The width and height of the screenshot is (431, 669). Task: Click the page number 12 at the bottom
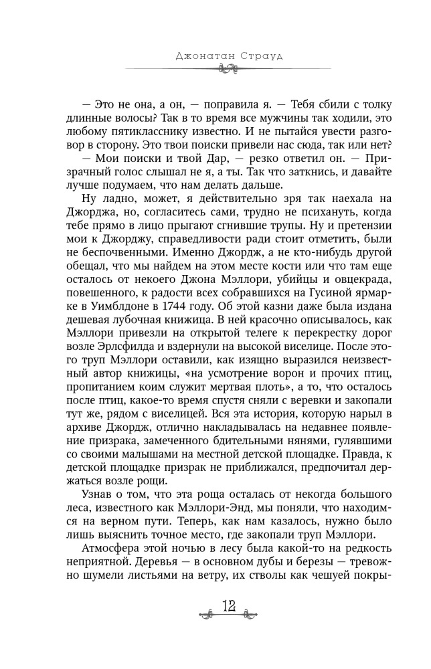[x=228, y=625]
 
